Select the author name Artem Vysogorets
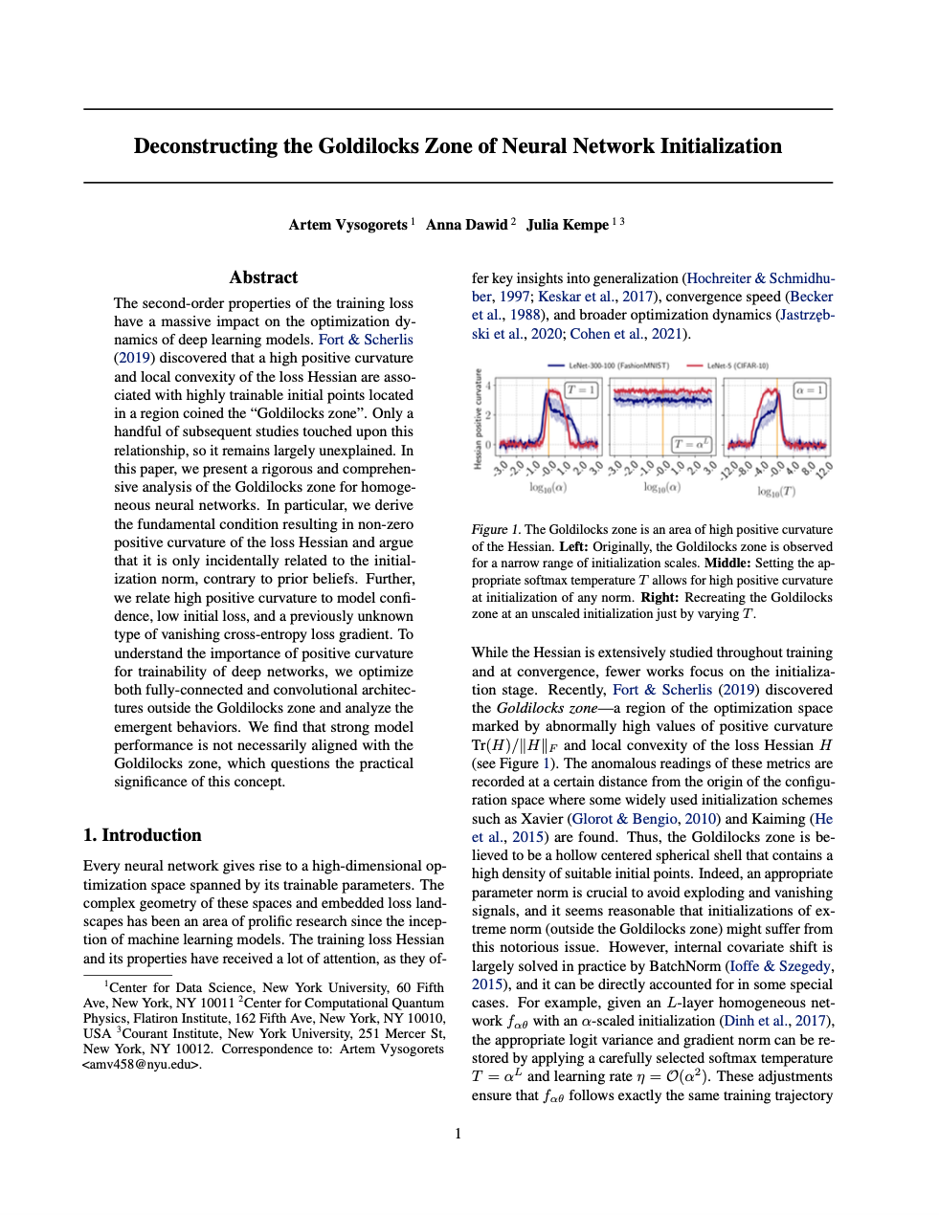348,225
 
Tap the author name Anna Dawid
466,225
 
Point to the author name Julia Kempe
568,225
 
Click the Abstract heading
263,277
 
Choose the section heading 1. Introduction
143,835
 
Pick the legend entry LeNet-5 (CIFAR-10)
737,365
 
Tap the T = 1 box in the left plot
581,390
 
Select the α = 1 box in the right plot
810,390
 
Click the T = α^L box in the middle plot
692,444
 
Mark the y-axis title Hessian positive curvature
477,419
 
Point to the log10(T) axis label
776,491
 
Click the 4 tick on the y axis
488,387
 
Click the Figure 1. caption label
495,530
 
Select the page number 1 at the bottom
458,1134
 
